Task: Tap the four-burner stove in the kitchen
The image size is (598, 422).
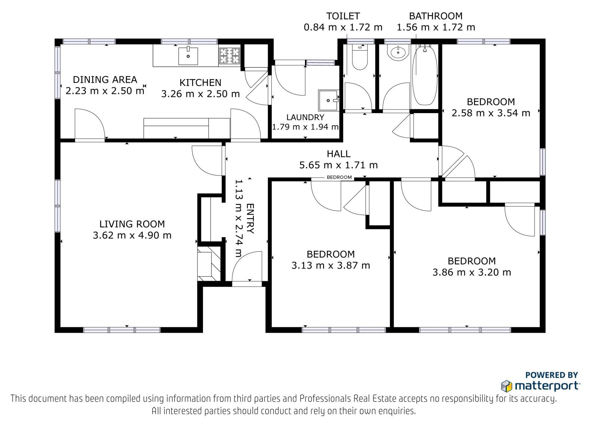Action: [x=229, y=56]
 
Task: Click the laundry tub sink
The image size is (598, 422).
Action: [x=329, y=100]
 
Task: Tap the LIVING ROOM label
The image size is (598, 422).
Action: [x=132, y=224]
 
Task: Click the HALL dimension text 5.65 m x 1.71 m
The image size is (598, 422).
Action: [x=338, y=165]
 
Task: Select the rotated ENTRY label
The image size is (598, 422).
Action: [x=250, y=218]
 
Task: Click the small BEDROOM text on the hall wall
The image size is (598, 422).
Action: [x=339, y=177]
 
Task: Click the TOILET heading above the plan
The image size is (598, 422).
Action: [x=343, y=16]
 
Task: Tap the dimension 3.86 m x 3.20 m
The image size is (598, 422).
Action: [x=472, y=272]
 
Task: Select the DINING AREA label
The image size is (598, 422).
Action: [x=105, y=79]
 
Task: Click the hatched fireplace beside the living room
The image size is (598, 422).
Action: [x=209, y=264]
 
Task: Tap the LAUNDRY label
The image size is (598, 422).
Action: [x=305, y=117]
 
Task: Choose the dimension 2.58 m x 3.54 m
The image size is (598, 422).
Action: [x=491, y=113]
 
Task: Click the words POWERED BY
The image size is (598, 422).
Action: [x=552, y=375]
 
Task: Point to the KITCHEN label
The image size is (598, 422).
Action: [x=200, y=82]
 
